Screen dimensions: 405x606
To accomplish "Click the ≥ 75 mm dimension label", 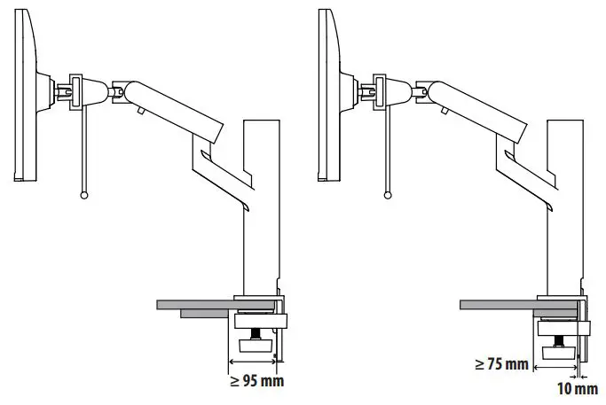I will coord(501,364).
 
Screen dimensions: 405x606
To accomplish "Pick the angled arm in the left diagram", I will coord(173,108).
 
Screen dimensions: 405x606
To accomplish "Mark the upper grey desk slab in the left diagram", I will coord(195,304).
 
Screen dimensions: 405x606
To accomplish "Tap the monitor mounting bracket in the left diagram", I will coord(73,90).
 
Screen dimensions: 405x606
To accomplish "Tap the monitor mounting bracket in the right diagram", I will coord(378,90).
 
